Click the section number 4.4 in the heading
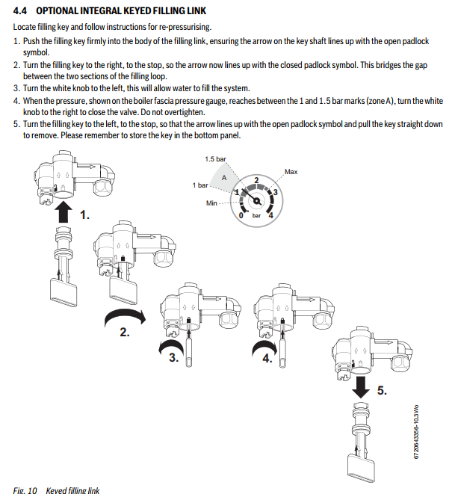click(x=21, y=10)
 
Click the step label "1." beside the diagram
click(x=84, y=215)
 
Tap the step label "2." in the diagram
click(x=125, y=333)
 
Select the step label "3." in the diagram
click(x=174, y=357)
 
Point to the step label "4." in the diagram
click(x=268, y=357)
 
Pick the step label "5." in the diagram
click(x=382, y=390)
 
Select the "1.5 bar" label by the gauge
click(x=215, y=159)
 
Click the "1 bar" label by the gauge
click(x=199, y=185)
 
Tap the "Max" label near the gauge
click(x=291, y=172)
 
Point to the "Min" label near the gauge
click(x=211, y=203)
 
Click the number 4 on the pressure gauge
click(x=270, y=215)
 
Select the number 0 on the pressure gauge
click(x=240, y=215)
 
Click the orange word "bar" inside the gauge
click(x=256, y=215)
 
